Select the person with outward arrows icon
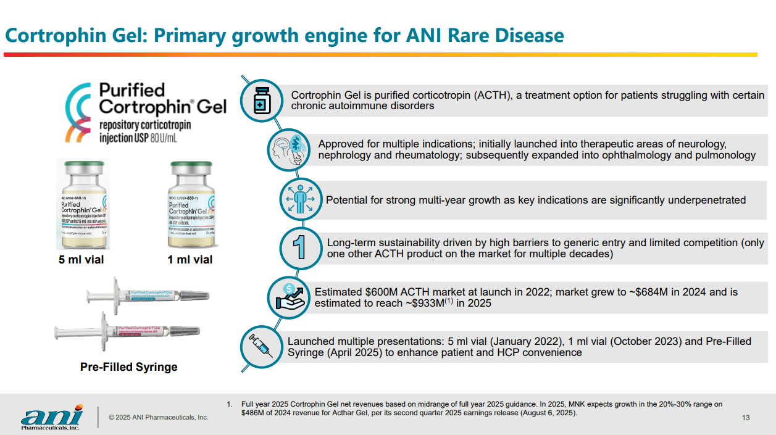click(301, 199)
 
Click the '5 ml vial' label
click(81, 260)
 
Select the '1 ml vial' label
click(190, 260)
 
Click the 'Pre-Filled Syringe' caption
click(128, 367)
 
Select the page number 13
click(746, 418)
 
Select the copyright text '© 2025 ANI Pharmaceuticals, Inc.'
click(158, 418)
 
